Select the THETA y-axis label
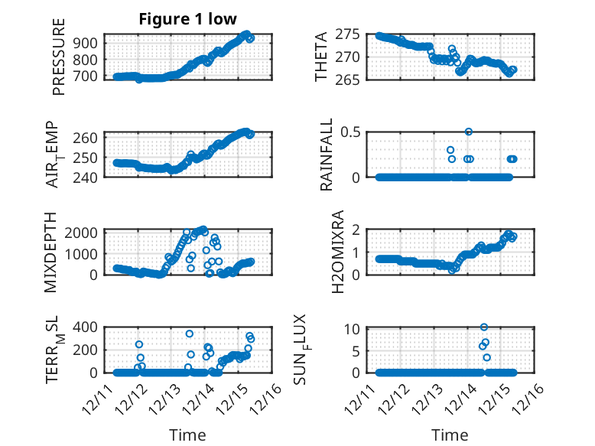coord(322,57)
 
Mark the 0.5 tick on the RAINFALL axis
coord(350,132)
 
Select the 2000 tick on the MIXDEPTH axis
coord(82,232)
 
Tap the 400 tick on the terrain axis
coord(86,327)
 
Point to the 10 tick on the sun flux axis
coord(353,329)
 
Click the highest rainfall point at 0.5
coord(469,132)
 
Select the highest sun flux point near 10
coord(484,327)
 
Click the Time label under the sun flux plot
coord(450,435)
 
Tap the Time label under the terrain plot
coord(188,435)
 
